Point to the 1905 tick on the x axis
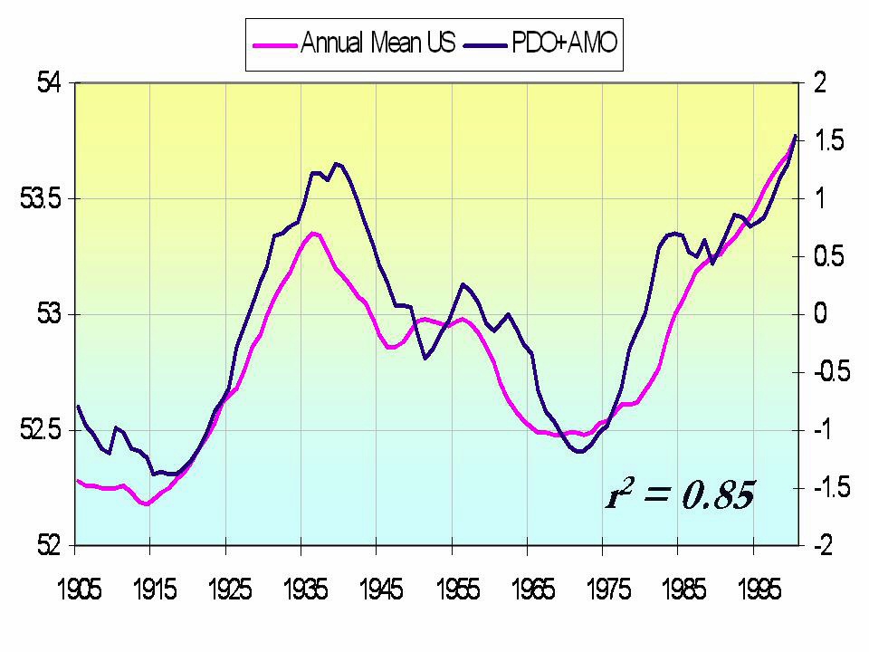tap(76, 590)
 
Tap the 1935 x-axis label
tap(304, 590)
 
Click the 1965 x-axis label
tap(532, 590)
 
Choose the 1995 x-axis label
tap(759, 590)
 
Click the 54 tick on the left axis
tap(47, 83)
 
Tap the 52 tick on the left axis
tap(47, 546)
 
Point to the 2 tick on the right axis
tap(819, 83)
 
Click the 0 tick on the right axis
tap(819, 315)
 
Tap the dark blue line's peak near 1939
tap(336, 164)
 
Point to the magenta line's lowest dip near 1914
tap(146, 503)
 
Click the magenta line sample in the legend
tap(274, 43)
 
